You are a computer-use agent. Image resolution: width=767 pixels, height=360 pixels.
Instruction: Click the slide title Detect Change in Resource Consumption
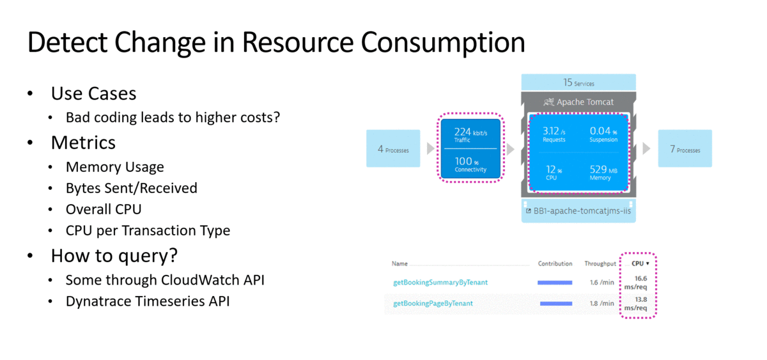[x=275, y=43]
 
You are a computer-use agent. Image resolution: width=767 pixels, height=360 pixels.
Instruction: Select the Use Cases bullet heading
[x=93, y=93]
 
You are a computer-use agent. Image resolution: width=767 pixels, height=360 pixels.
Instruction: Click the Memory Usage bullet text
[x=114, y=167]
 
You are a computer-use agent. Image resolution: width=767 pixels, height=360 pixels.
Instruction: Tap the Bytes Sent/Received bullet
[x=131, y=188]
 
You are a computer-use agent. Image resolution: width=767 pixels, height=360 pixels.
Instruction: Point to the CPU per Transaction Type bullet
[x=148, y=230]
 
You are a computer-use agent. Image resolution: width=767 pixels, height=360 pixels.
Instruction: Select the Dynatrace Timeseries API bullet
[x=147, y=301]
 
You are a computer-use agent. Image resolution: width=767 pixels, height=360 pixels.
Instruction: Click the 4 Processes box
[x=393, y=149]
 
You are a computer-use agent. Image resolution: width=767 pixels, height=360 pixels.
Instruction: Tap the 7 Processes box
[x=685, y=149]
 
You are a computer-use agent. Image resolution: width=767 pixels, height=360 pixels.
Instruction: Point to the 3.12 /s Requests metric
[x=554, y=134]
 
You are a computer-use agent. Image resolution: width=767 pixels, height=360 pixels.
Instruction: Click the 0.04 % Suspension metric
[x=603, y=134]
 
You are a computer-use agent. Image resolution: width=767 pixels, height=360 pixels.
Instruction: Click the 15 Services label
[x=578, y=83]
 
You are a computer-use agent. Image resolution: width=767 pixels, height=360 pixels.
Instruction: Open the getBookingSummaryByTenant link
[x=440, y=282]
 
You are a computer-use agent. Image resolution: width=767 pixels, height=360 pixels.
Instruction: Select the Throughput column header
[x=599, y=263]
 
